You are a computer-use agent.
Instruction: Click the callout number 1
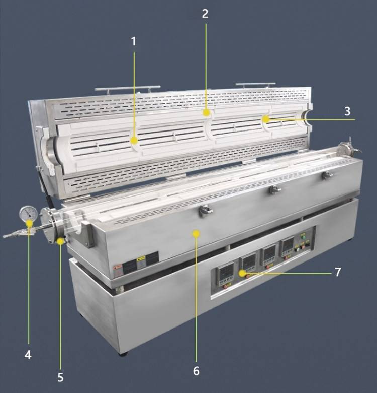[134, 41]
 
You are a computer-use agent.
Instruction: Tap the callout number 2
[205, 14]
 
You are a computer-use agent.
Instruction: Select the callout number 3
[347, 111]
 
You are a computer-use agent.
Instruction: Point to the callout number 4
[28, 355]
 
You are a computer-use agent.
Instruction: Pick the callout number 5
[60, 377]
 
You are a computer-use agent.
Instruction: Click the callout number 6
[196, 371]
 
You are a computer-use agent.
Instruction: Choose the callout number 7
[338, 272]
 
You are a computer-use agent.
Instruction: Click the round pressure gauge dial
[27, 214]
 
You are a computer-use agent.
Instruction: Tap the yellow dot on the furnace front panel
[196, 233]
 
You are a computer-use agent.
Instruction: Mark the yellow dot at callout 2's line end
[206, 113]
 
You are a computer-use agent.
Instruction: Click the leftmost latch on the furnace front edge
[204, 211]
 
